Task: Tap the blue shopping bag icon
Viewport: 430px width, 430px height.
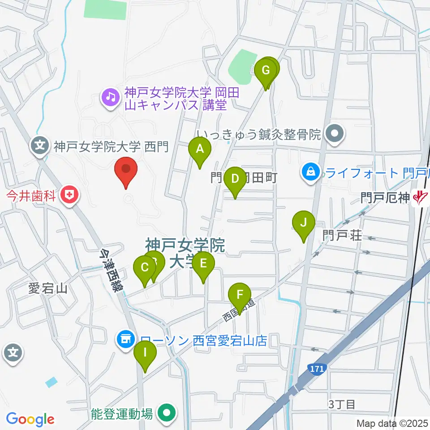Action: point(310,172)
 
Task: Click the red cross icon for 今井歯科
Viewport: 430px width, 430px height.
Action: point(69,195)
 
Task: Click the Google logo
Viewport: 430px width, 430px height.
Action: point(30,419)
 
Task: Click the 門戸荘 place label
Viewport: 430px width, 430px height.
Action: point(342,235)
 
